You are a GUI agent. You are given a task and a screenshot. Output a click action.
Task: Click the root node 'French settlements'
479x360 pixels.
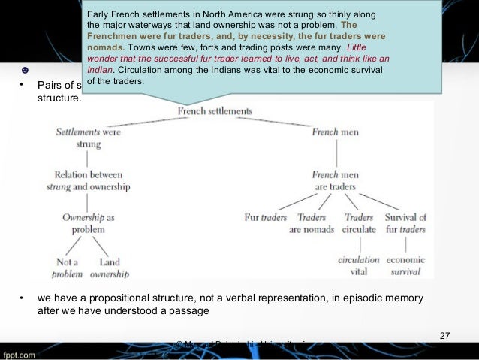[x=215, y=111]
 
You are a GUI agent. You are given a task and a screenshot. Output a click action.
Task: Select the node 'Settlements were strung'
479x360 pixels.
[x=88, y=138]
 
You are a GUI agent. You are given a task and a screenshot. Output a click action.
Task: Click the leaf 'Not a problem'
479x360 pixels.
[x=68, y=268]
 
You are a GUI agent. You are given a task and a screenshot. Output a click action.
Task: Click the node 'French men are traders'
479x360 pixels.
[x=336, y=180]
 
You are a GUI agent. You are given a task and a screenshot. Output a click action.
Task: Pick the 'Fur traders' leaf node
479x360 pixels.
[x=266, y=218]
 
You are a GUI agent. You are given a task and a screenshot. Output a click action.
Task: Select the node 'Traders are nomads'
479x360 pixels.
[x=312, y=223]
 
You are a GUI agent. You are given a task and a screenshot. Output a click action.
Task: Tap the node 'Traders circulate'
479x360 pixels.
[x=359, y=223]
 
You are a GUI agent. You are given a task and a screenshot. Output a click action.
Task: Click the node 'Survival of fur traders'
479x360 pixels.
[x=405, y=223]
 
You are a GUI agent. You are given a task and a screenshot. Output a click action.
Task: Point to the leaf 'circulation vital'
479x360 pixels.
[x=359, y=266]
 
